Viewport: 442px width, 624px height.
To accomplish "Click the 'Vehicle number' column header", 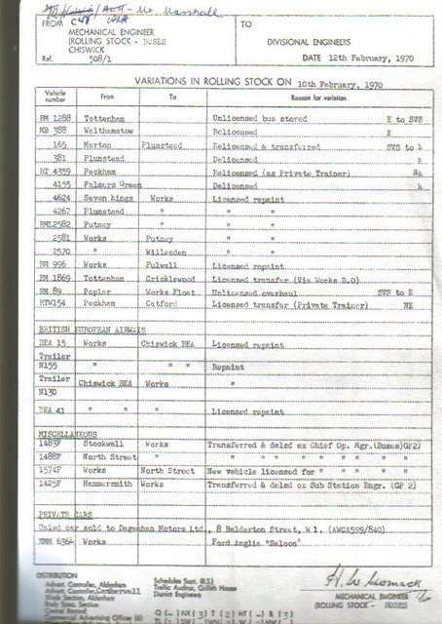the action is pyautogui.click(x=55, y=96).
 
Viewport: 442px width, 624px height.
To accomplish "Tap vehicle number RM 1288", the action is pyautogui.click(x=55, y=116).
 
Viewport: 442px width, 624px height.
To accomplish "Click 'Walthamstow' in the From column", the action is pyautogui.click(x=110, y=130).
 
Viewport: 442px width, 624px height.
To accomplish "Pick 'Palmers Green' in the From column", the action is pyautogui.click(x=112, y=183).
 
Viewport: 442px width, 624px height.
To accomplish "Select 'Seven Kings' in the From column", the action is pyautogui.click(x=108, y=197).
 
